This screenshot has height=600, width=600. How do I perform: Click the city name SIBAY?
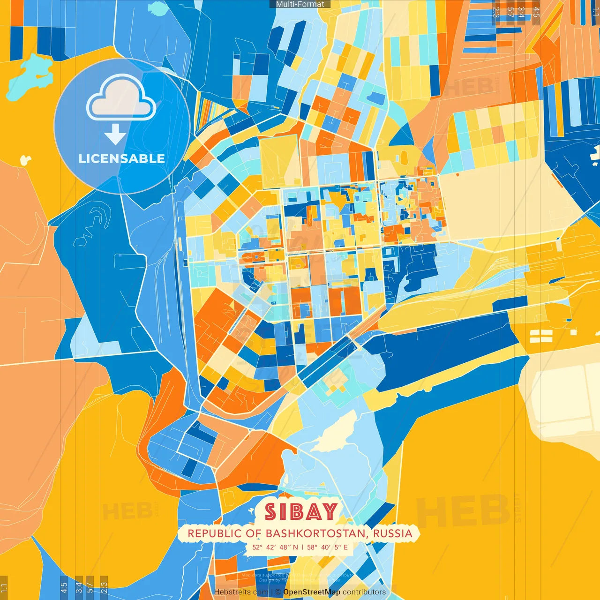pos(301,511)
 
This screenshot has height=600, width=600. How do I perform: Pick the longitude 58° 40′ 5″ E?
pos(327,547)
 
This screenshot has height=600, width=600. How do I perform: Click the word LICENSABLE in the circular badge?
pos(121,158)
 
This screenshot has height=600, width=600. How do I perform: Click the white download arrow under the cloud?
pos(115,135)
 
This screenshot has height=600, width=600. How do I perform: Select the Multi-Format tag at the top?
pos(300,4)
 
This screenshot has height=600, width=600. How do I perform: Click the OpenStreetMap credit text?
pos(312,592)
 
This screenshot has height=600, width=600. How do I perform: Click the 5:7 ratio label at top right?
pos(510,12)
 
